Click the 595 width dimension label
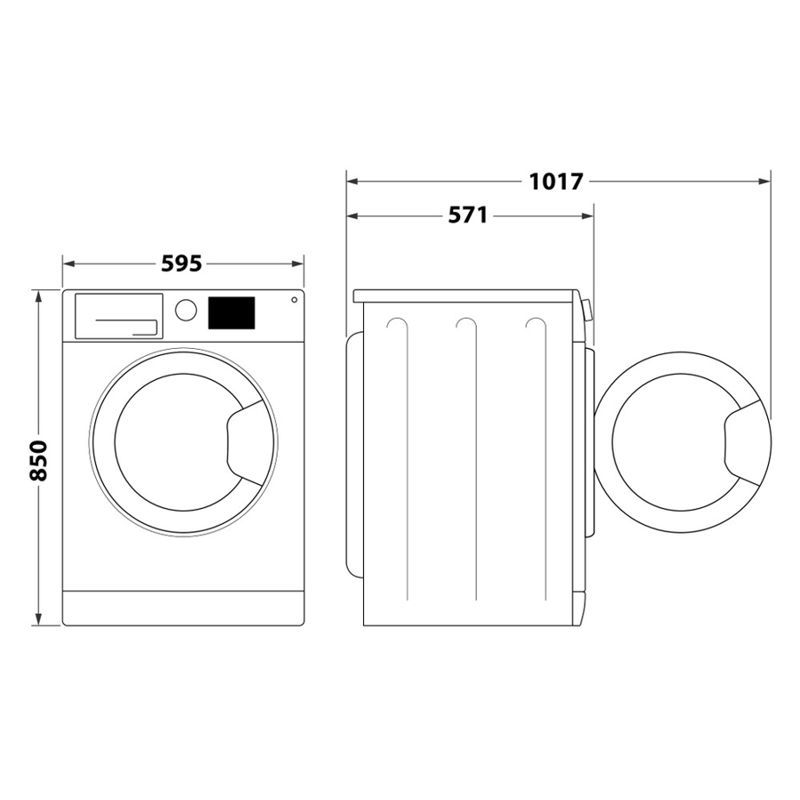point(182,263)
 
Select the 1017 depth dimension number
point(555,182)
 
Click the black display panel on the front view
point(232,311)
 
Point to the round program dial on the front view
point(185,310)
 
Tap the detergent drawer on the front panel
point(118,315)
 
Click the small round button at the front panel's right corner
point(294,299)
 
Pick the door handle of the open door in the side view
point(745,440)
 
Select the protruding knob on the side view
point(587,311)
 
